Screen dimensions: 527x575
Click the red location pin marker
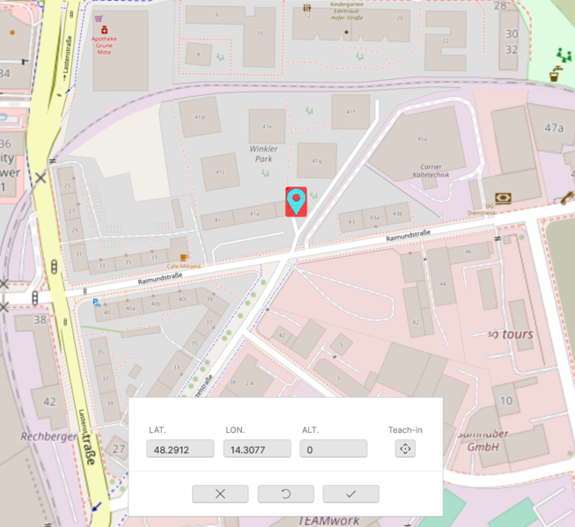[297, 201]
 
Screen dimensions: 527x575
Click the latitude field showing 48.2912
[181, 449]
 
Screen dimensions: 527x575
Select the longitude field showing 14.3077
[257, 449]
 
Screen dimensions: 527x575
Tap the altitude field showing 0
[333, 449]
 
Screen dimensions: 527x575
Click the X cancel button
[220, 494]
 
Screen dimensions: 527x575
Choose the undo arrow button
[285, 494]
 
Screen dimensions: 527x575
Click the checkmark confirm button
[350, 494]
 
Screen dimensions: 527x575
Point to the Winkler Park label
[263, 155]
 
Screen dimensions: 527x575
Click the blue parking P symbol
[96, 302]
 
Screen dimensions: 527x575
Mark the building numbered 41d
[200, 117]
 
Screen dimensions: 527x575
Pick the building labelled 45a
[422, 139]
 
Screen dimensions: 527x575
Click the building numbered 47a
[553, 128]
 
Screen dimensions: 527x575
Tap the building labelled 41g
[317, 161]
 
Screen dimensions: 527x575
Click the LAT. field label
[158, 430]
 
